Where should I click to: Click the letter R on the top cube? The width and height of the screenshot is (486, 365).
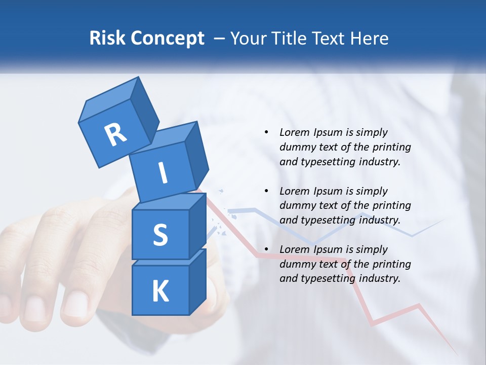tap(115, 134)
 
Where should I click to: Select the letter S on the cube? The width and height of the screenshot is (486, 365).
tap(160, 235)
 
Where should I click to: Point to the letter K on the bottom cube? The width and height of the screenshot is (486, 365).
tap(160, 291)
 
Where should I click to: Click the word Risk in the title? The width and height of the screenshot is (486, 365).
tap(108, 39)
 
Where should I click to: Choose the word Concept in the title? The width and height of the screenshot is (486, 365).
tap(169, 39)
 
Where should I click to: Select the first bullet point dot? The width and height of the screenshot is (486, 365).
tap(266, 132)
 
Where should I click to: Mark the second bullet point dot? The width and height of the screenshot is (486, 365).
tap(266, 191)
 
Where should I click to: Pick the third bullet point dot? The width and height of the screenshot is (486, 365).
tap(266, 249)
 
